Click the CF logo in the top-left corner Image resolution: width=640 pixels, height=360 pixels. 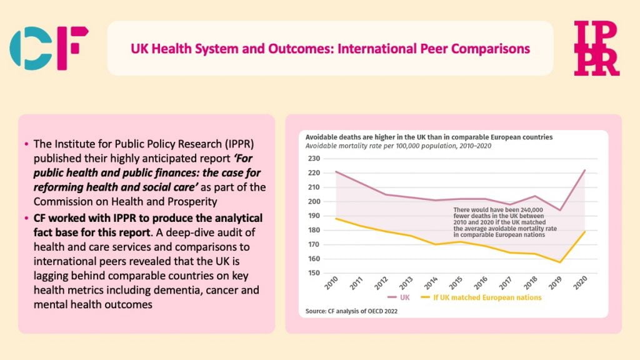click(x=49, y=48)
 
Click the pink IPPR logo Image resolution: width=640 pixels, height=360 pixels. click(x=597, y=48)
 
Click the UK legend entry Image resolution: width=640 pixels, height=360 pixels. click(x=400, y=297)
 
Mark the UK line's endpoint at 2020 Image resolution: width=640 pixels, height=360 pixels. click(x=584, y=170)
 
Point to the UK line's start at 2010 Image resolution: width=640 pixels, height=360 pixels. click(x=336, y=171)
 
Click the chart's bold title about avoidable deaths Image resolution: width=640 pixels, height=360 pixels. click(x=429, y=137)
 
